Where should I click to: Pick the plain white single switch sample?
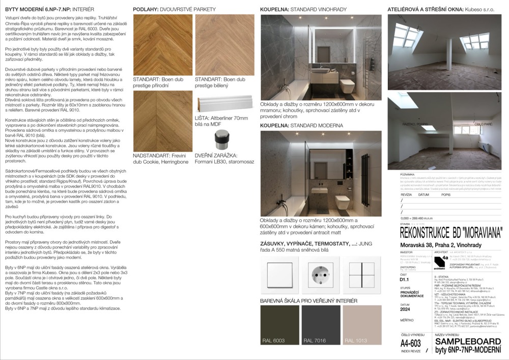click(x=279, y=272)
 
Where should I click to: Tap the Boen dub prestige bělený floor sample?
click(x=225, y=45)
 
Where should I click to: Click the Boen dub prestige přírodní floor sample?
click(x=162, y=45)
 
